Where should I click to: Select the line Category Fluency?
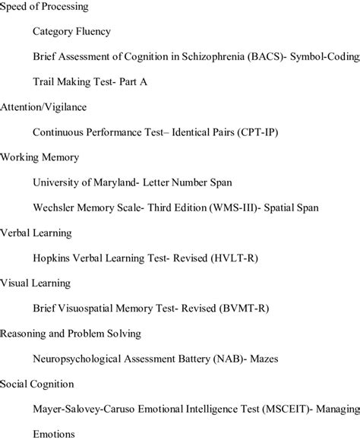[71, 32]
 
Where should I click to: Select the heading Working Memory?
[39, 157]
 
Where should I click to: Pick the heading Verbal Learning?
[36, 233]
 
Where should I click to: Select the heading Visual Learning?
[35, 283]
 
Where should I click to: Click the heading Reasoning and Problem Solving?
[71, 333]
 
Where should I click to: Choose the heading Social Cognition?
[36, 383]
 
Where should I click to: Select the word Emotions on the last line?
[54, 433]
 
